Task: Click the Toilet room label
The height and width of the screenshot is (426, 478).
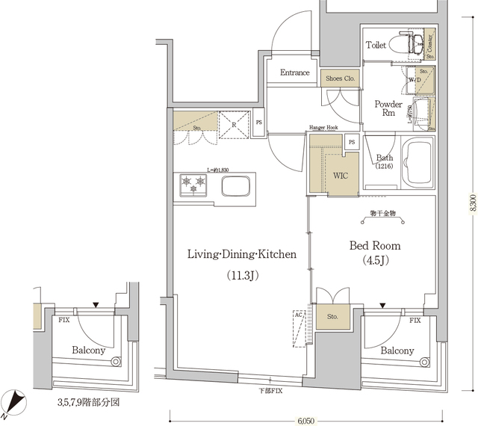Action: [376, 46]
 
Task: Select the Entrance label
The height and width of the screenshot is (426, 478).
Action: [295, 72]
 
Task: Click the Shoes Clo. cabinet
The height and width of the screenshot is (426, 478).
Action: [341, 76]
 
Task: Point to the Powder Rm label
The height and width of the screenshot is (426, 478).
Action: [388, 109]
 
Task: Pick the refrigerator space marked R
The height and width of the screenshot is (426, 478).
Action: [234, 124]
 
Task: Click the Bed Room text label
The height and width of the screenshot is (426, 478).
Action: [375, 246]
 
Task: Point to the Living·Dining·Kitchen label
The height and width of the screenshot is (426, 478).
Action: [242, 255]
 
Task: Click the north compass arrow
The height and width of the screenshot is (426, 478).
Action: [15, 404]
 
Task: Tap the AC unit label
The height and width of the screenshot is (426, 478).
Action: [299, 315]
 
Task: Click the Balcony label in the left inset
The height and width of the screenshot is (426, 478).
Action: [88, 350]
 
